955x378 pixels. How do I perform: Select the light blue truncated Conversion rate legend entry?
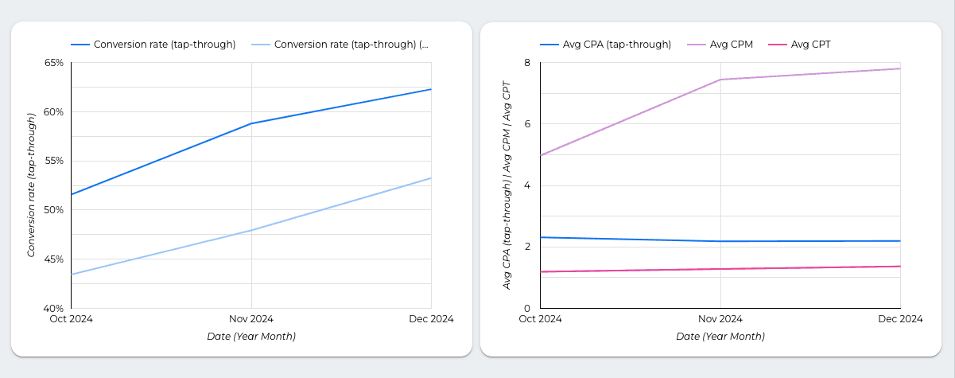pos(351,45)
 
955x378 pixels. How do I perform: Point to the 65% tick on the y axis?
pos(52,62)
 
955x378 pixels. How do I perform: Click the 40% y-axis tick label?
pos(52,308)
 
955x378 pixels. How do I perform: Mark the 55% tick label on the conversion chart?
pos(52,161)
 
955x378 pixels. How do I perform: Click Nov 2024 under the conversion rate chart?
pos(251,319)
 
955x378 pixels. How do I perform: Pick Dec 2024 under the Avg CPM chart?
pos(900,319)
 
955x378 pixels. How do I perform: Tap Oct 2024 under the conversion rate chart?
pos(72,319)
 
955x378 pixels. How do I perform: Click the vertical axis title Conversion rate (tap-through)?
pos(32,185)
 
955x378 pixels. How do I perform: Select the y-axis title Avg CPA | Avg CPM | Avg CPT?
pos(507,185)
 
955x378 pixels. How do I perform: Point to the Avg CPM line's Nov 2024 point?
pos(720,80)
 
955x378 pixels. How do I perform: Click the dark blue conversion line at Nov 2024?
pos(251,123)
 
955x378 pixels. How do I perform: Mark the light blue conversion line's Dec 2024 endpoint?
pos(431,178)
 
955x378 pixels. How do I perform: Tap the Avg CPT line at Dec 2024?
pos(900,267)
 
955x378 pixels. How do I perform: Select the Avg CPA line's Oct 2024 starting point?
pos(541,237)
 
